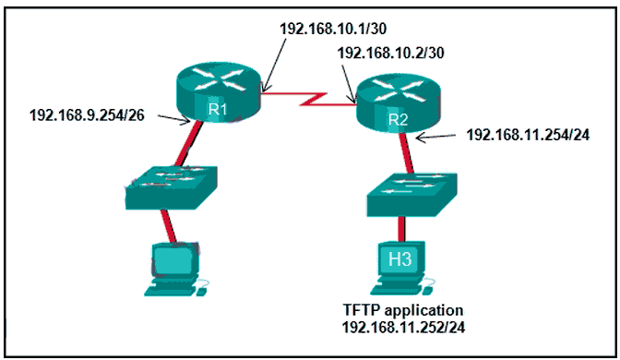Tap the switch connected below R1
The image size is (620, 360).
pyautogui.click(x=172, y=187)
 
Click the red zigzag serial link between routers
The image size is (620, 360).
pyautogui.click(x=308, y=96)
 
